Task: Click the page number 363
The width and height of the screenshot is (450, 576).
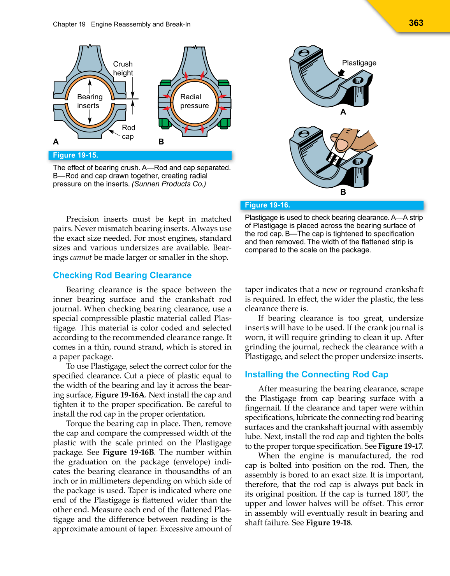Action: [x=416, y=23]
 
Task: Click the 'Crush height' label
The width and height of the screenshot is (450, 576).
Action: [x=123, y=69]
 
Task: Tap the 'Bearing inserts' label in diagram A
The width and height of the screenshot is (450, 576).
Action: [x=90, y=101]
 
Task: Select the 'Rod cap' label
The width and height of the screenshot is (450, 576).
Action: [x=128, y=132]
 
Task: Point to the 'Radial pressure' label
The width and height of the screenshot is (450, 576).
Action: [x=194, y=101]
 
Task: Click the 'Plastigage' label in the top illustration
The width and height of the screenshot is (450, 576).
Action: [x=359, y=63]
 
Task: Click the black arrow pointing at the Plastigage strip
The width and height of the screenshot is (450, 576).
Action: [x=341, y=73]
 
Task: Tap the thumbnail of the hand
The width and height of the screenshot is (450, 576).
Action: [x=342, y=144]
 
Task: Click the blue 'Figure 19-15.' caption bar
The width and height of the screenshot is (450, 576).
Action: [x=140, y=155]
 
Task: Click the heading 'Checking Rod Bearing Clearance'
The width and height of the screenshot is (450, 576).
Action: [x=122, y=275]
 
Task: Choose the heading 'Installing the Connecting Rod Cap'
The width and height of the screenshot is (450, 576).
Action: [x=316, y=374]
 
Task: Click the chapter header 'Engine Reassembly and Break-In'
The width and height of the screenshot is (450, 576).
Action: [x=141, y=24]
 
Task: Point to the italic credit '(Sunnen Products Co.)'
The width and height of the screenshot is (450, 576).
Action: [x=169, y=184]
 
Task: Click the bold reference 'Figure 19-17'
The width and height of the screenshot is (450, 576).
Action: [x=400, y=446]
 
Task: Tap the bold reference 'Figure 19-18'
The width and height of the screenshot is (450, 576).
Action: [x=328, y=523]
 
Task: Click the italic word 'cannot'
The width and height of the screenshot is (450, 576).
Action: [x=81, y=257]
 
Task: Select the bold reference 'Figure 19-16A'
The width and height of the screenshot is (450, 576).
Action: [x=120, y=395]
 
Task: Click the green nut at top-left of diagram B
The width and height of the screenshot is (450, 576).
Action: [x=165, y=83]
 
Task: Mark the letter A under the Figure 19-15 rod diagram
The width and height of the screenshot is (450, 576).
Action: [x=56, y=142]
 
